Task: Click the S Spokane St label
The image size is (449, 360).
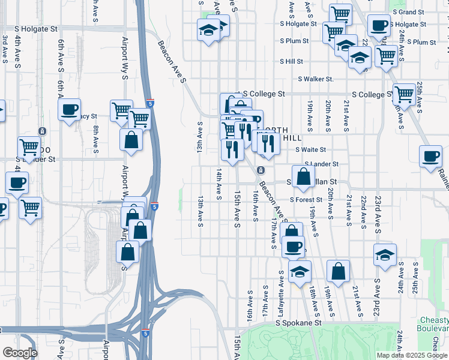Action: point(299,322)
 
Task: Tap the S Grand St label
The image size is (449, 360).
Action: point(412,12)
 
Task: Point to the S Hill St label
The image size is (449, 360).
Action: point(291,61)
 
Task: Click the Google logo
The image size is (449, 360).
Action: point(19,353)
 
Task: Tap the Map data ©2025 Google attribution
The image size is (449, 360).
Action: point(412,355)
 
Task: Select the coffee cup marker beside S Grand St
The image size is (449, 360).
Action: point(378,25)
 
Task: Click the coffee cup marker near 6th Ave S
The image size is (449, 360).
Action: point(69,109)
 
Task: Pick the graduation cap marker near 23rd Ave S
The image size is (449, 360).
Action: point(385,254)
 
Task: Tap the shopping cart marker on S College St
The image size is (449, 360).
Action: point(405,94)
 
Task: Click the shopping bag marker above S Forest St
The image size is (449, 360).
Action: point(304,176)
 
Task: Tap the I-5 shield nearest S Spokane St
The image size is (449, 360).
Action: point(146,333)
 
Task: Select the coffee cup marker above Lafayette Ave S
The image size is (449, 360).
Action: point(293,246)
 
